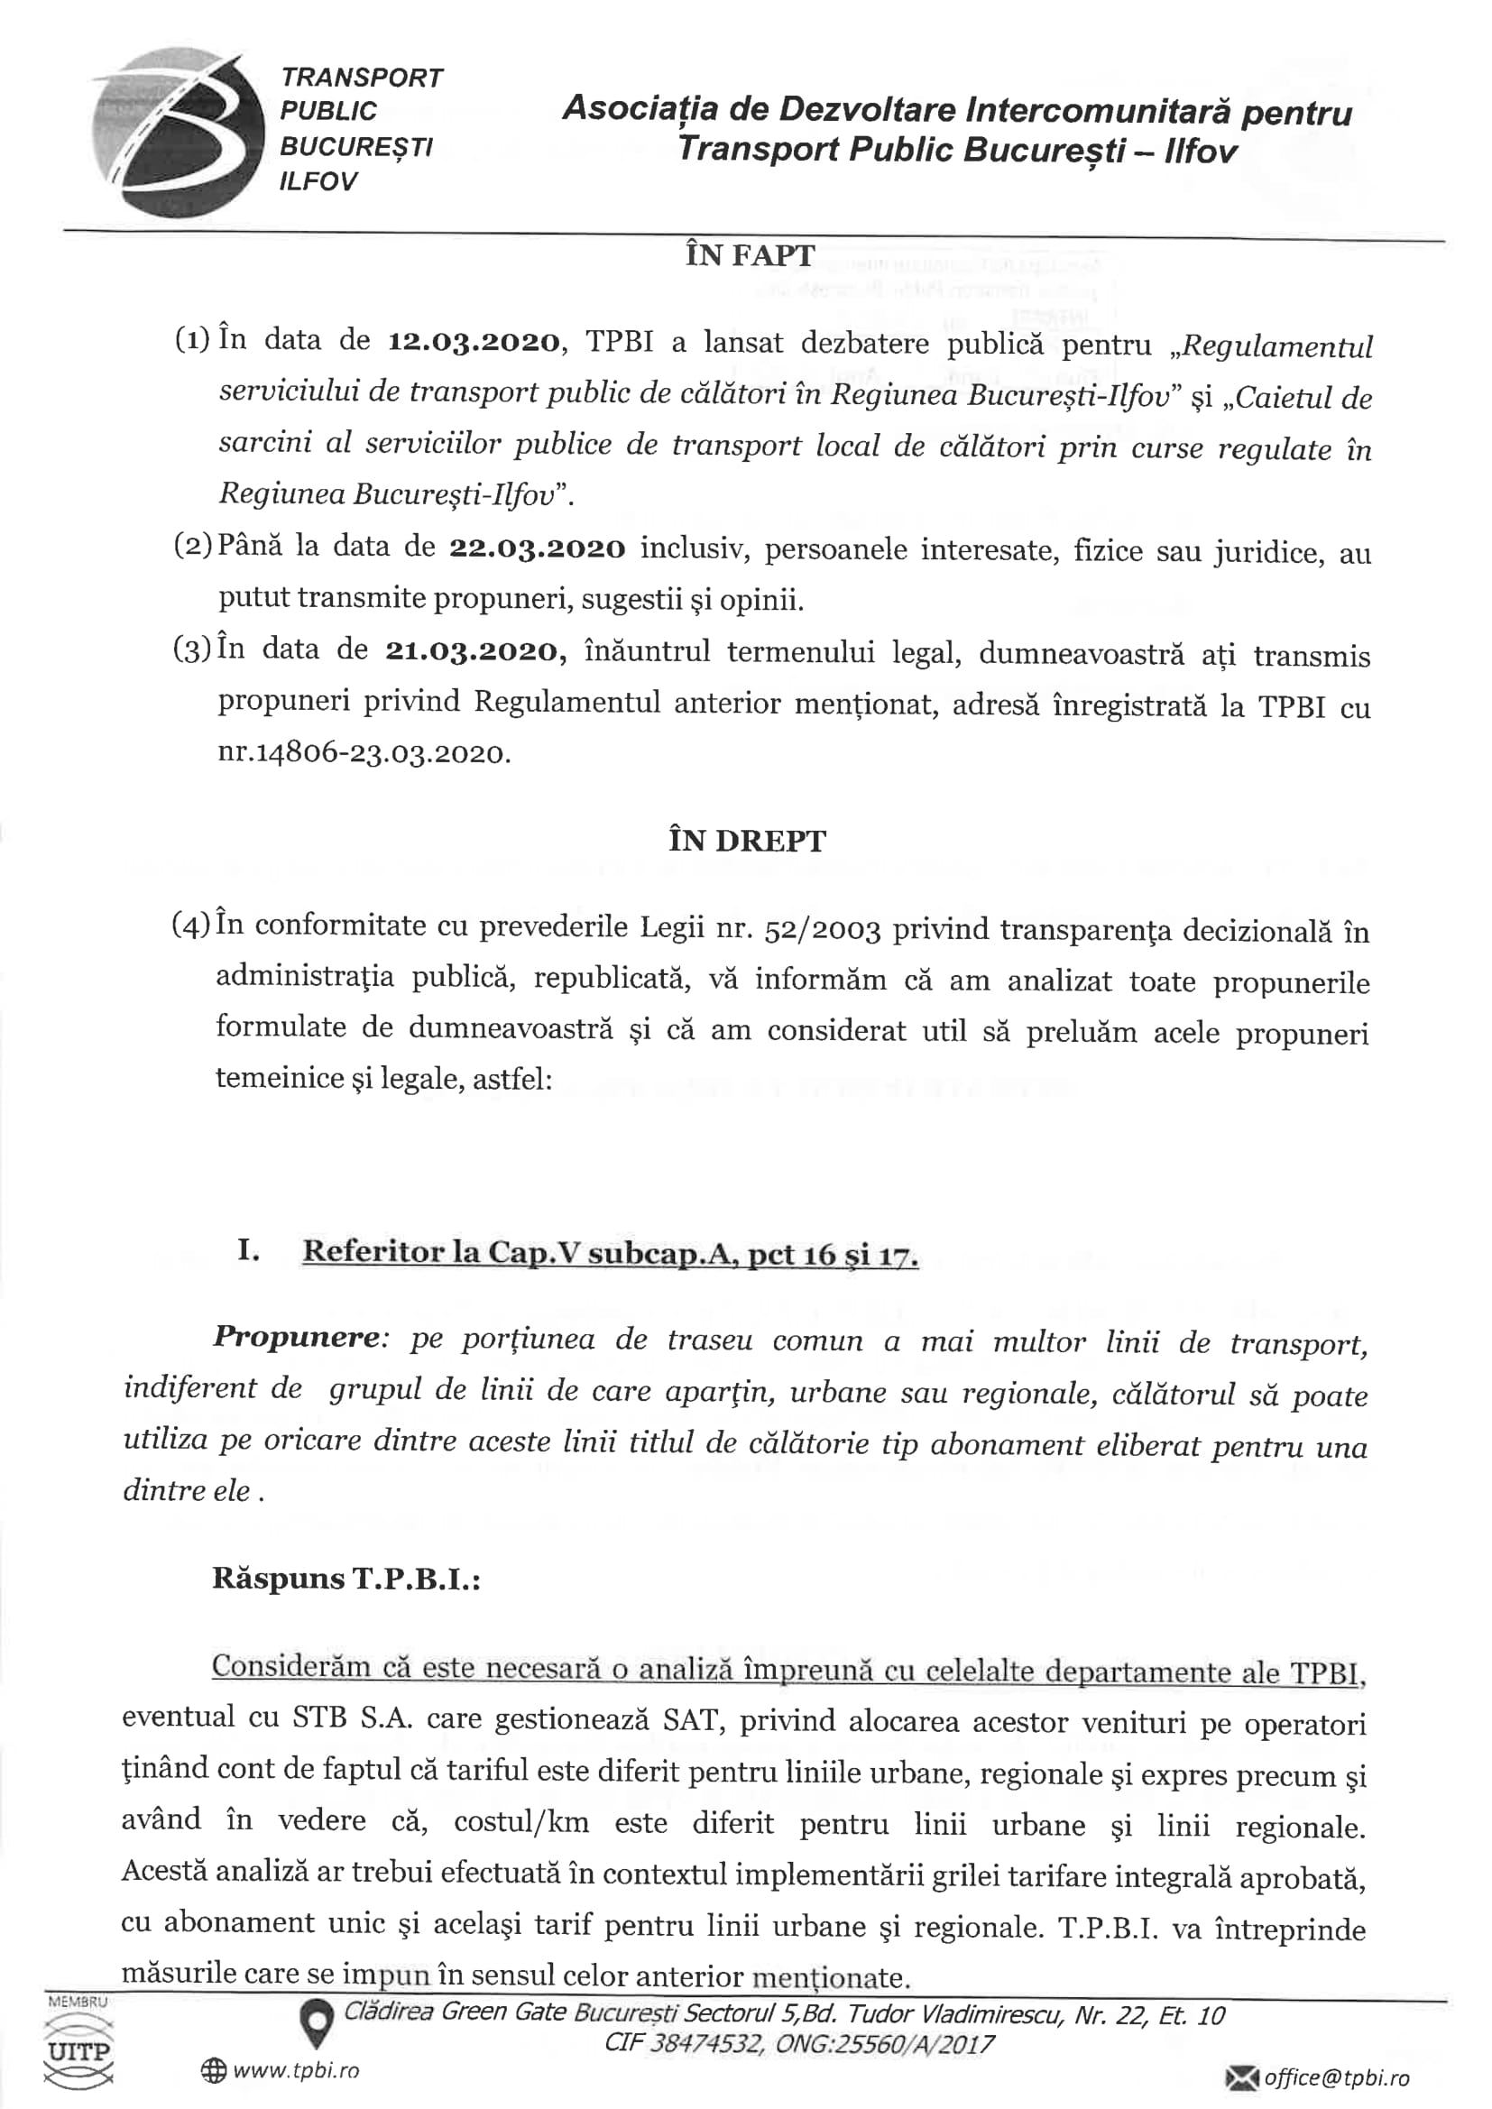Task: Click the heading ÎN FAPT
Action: click(x=749, y=254)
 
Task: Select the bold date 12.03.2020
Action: click(x=474, y=342)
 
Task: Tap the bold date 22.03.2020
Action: click(x=537, y=548)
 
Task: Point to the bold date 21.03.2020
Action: click(x=471, y=651)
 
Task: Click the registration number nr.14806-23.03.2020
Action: click(x=364, y=753)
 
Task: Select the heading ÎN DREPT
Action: click(x=747, y=841)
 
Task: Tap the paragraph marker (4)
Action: click(x=192, y=924)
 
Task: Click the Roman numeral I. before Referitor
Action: click(x=248, y=1251)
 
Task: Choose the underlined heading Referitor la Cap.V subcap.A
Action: click(x=610, y=1253)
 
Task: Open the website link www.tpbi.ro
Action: click(x=295, y=2071)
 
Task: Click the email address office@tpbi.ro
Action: click(x=1336, y=2077)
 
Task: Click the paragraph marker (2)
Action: click(x=193, y=546)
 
